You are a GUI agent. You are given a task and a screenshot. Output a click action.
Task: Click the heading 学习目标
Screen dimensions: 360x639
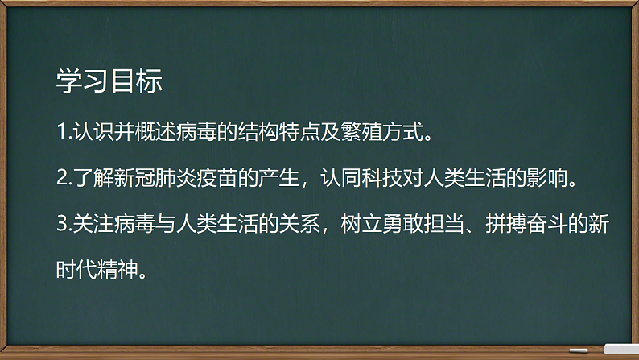pyautogui.click(x=109, y=81)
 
